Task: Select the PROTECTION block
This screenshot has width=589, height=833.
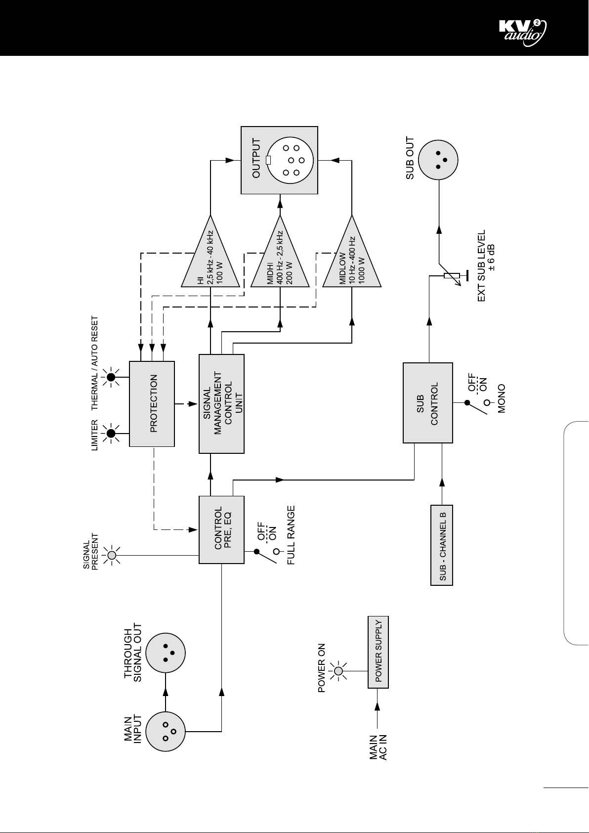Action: (152, 403)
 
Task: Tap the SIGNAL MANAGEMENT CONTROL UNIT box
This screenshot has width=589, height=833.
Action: (221, 403)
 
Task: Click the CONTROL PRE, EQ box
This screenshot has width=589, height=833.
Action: (221, 529)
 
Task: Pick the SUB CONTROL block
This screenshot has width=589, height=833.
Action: (428, 403)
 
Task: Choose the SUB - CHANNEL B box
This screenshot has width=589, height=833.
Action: (441, 545)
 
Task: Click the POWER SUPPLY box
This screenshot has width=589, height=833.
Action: (378, 652)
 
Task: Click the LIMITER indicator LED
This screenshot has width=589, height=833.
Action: (111, 433)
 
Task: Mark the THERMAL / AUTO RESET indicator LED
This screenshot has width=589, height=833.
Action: (111, 377)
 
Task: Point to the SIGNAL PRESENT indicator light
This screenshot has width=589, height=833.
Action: (112, 556)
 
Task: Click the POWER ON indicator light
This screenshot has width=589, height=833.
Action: (338, 671)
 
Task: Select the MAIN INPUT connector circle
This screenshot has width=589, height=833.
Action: (166, 731)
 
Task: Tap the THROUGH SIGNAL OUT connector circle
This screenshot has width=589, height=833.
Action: (166, 653)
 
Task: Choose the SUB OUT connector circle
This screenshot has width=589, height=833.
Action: (438, 160)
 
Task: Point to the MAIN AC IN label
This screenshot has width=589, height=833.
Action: (378, 747)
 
